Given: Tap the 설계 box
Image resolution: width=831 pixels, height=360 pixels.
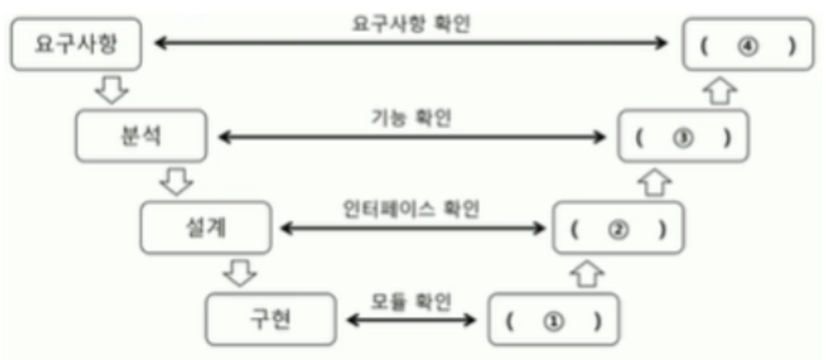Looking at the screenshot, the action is [x=205, y=228].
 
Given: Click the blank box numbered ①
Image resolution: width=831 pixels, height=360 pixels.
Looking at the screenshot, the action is [x=554, y=319].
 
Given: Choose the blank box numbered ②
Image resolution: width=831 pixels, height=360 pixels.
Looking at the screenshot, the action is [x=618, y=228].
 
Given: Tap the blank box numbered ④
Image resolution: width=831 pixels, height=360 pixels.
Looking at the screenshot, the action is [x=748, y=45].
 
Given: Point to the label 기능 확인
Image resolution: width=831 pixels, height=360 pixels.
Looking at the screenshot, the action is [x=411, y=116].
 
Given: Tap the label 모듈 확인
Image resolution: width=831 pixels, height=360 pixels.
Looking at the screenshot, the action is [x=411, y=300].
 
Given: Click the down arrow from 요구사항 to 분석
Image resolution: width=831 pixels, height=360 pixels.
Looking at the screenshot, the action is [x=112, y=90].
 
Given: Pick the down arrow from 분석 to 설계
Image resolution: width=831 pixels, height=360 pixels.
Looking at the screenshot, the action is [x=176, y=182].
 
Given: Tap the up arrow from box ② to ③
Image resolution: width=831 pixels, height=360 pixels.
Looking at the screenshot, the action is [x=653, y=182].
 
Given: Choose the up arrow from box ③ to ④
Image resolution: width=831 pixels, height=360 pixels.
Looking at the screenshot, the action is [x=719, y=90].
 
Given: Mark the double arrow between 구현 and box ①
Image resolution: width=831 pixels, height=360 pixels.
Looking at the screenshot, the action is [x=411, y=320].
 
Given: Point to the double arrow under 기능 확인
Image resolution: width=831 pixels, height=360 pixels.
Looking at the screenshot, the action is [x=411, y=136].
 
